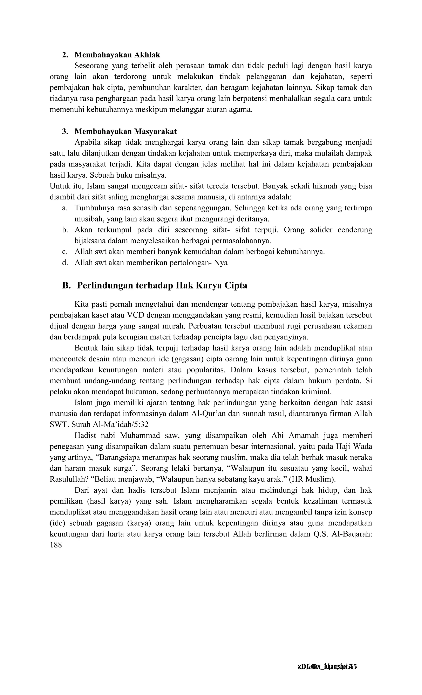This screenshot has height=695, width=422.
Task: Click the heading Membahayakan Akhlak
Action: (x=117, y=55)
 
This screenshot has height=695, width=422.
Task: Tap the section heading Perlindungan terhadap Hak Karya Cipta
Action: (x=162, y=285)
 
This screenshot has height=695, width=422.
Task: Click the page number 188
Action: (x=56, y=545)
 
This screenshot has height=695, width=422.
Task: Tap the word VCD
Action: (x=135, y=315)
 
